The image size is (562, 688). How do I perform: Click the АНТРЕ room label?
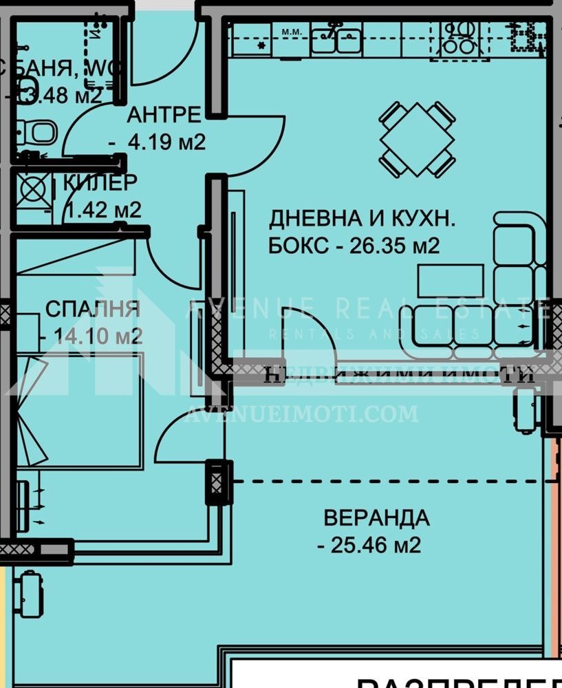(164, 114)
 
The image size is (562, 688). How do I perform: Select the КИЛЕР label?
(100, 182)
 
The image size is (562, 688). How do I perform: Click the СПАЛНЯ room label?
(92, 309)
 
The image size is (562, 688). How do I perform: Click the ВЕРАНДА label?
(376, 517)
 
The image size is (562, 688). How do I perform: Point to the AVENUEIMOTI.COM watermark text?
(303, 414)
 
